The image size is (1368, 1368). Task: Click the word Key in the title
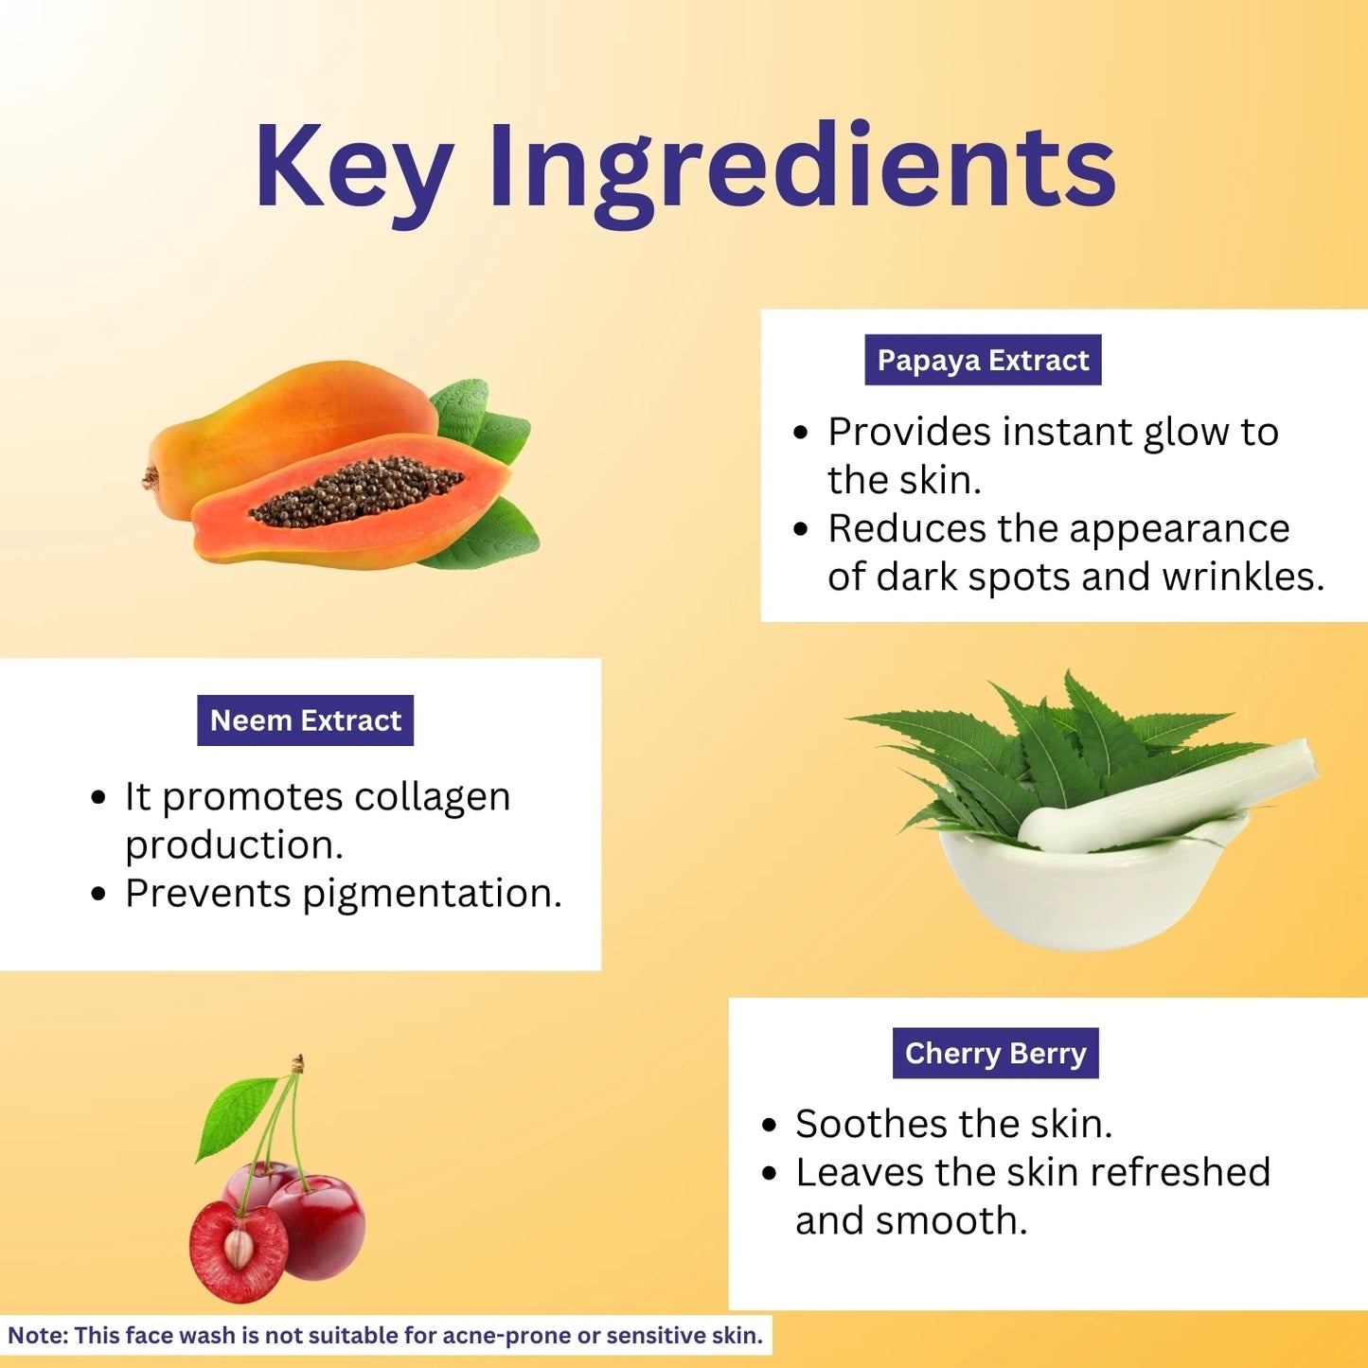point(354,169)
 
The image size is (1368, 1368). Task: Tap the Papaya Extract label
point(983,360)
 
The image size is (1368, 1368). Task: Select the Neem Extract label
point(305,720)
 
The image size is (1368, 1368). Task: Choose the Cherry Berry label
point(995,1054)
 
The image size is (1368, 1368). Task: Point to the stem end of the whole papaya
point(151,478)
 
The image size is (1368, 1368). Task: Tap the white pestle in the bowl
point(1168,796)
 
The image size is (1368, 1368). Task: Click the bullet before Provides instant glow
point(800,433)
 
